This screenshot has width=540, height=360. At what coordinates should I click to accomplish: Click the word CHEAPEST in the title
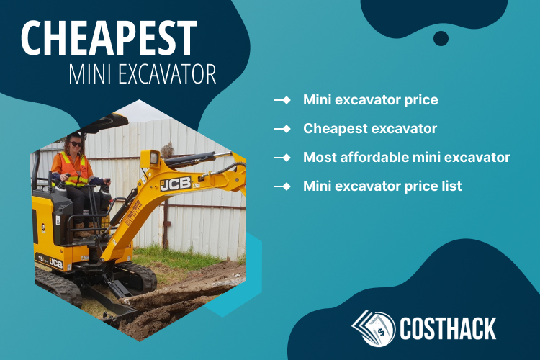pyautogui.click(x=108, y=37)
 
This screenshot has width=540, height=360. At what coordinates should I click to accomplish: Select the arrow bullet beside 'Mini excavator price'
pyautogui.click(x=282, y=99)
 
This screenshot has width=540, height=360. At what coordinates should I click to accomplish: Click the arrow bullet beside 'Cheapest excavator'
pyautogui.click(x=282, y=129)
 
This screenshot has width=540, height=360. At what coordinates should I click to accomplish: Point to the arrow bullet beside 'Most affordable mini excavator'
pyautogui.click(x=282, y=157)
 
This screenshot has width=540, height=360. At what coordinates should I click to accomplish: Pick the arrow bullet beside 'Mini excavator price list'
pyautogui.click(x=282, y=186)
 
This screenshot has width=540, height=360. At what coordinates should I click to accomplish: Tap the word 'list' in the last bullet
pyautogui.click(x=449, y=186)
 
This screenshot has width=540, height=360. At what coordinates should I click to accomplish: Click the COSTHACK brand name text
pyautogui.click(x=448, y=328)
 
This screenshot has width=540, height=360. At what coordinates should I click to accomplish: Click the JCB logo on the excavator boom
pyautogui.click(x=176, y=184)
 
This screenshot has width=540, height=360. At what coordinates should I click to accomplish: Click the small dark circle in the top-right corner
pyautogui.click(x=441, y=38)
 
